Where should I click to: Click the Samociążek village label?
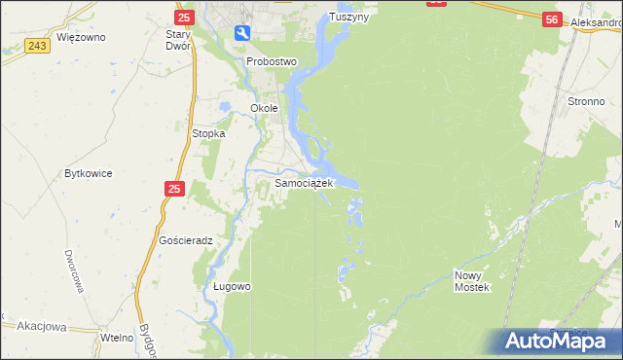[305, 182]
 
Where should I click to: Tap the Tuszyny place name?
[350, 17]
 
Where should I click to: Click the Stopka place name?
[209, 133]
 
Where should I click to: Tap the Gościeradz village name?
[185, 239]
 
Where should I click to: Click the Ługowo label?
[233, 287]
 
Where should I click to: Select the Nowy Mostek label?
[473, 281]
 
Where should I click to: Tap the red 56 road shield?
[552, 19]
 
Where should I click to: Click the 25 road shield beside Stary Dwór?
[184, 17]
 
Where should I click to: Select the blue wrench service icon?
[242, 34]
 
